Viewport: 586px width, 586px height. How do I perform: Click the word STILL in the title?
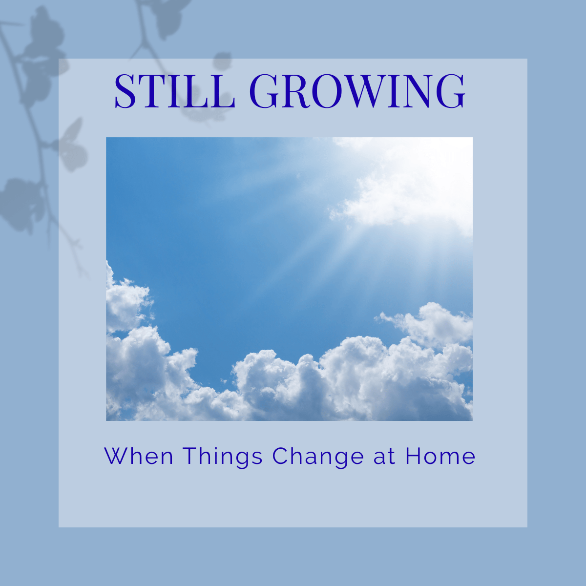(x=175, y=91)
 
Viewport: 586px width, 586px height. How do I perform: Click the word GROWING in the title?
(x=357, y=91)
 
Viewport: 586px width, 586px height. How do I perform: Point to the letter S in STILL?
(x=125, y=91)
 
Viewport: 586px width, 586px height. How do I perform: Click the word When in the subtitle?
(x=139, y=456)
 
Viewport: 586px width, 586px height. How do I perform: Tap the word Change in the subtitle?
(x=318, y=458)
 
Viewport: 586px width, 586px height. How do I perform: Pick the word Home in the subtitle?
(x=440, y=456)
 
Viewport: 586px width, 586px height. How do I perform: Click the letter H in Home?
(x=413, y=456)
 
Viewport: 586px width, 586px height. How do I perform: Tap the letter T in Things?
(x=190, y=456)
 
